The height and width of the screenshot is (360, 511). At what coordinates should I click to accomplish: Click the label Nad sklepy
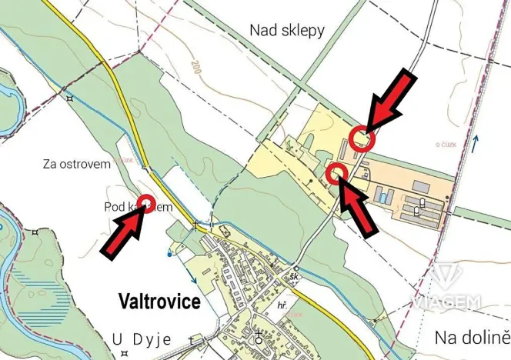[287, 30]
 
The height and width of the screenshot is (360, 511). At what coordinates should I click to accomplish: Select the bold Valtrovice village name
[159, 302]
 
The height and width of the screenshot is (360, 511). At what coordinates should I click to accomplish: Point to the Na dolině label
[472, 337]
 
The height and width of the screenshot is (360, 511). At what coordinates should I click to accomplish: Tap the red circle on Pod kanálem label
[147, 205]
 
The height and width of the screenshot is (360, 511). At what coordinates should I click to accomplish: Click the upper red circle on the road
[362, 138]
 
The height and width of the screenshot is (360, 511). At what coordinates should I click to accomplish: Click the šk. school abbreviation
[295, 276]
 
